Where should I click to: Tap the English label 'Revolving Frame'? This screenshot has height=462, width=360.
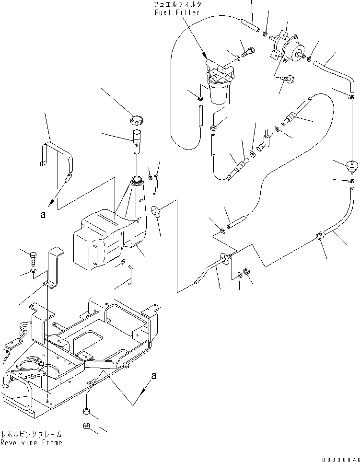tap(32, 442)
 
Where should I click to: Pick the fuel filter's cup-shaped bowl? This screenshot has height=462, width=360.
tap(218, 93)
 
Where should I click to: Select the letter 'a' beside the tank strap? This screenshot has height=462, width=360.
tap(43, 216)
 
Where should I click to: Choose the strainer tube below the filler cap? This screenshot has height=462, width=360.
tap(137, 141)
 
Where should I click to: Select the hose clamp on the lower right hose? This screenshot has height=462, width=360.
tap(320, 235)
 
